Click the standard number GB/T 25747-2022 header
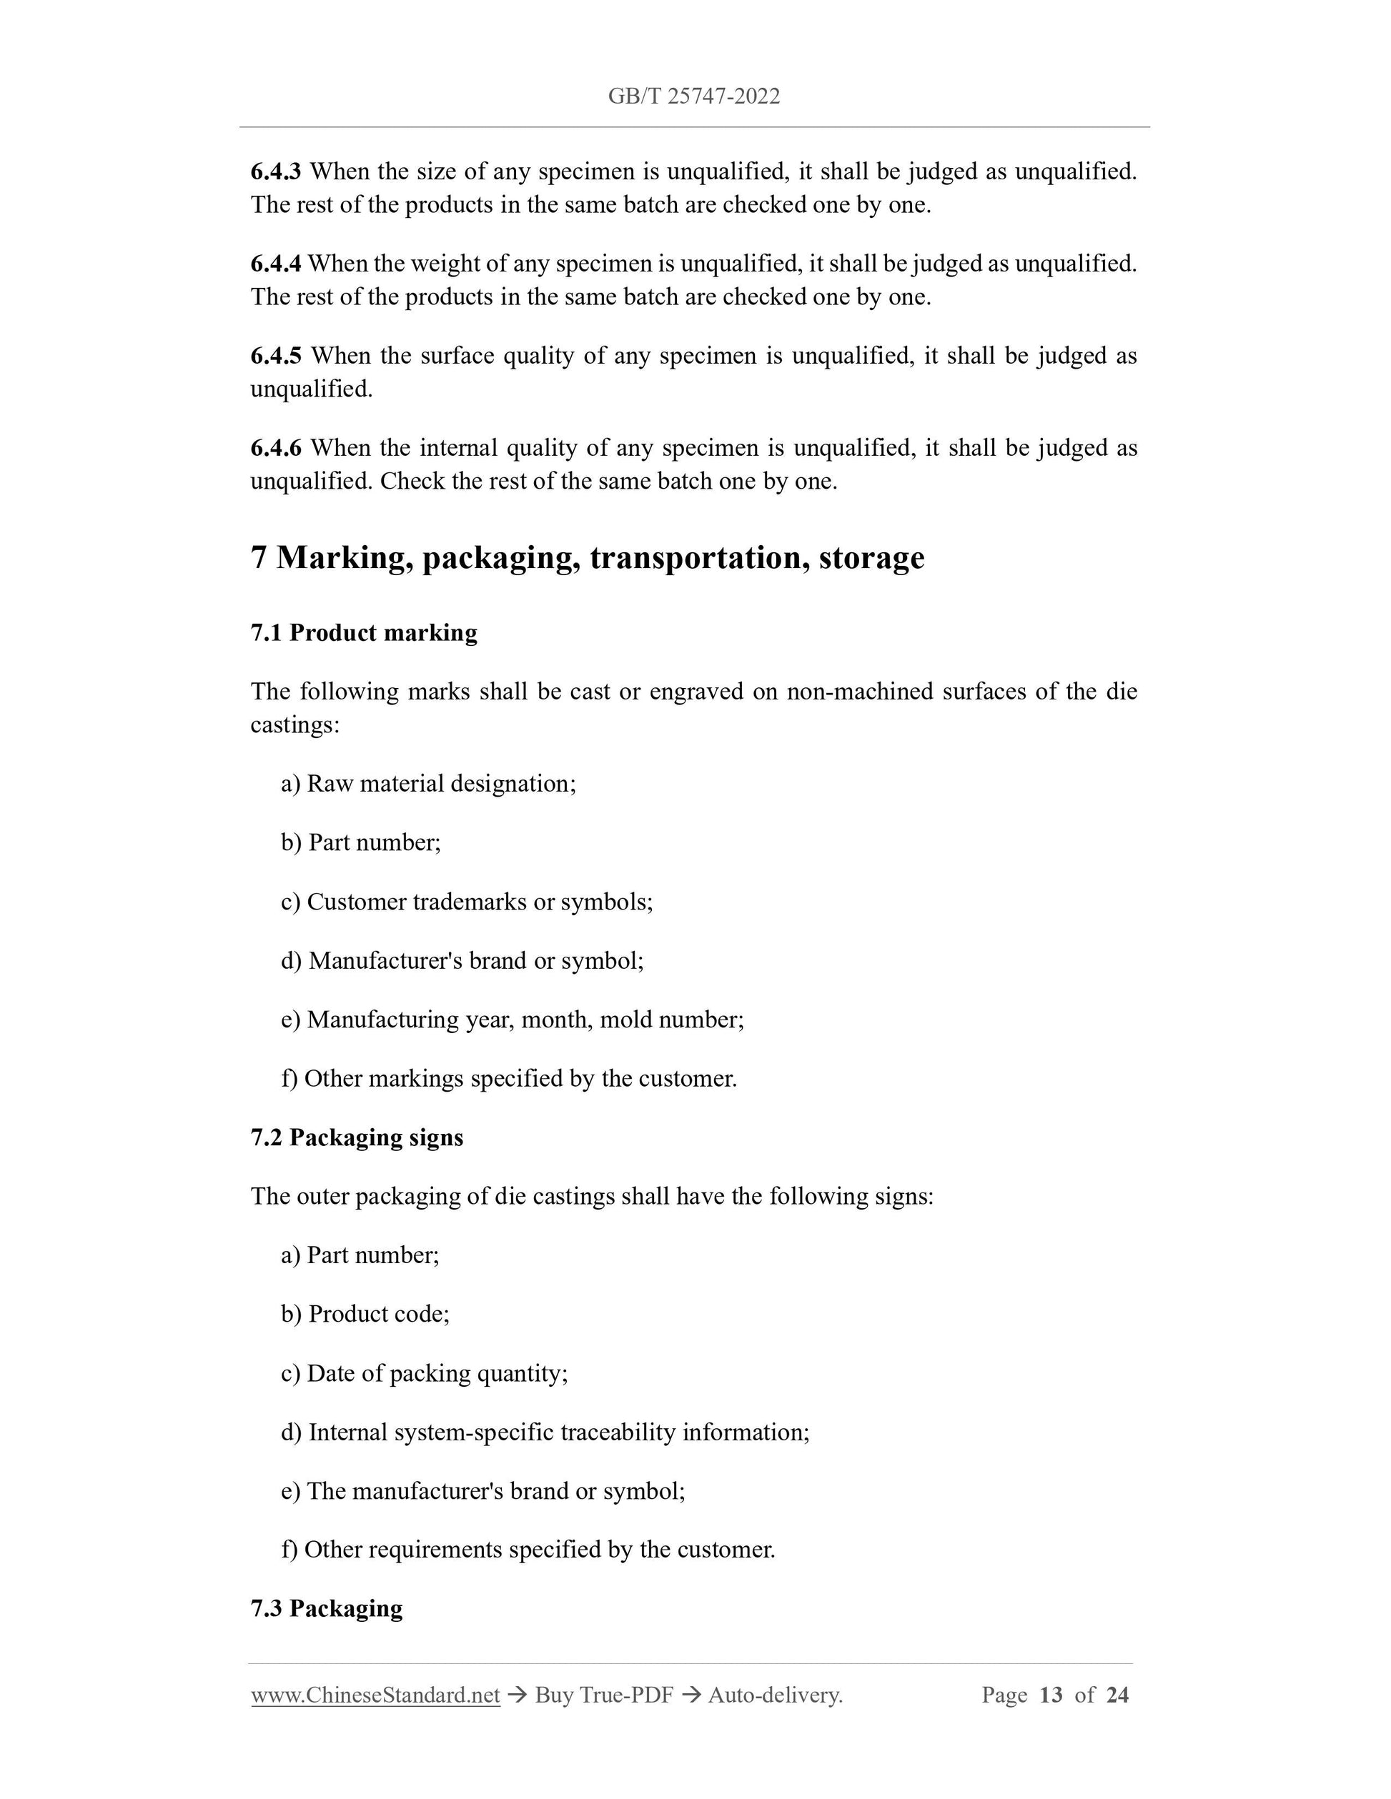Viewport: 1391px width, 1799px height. (x=694, y=96)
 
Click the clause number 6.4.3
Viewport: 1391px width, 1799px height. (x=276, y=172)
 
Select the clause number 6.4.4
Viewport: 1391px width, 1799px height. (x=276, y=264)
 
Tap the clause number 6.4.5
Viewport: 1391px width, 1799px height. (x=276, y=357)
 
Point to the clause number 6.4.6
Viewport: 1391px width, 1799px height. (x=276, y=449)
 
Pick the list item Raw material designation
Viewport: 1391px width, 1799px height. (x=441, y=783)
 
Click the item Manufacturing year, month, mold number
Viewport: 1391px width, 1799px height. (x=525, y=1020)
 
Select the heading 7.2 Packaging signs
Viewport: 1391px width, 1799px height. (x=357, y=1137)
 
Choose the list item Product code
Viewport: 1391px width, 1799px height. (x=378, y=1314)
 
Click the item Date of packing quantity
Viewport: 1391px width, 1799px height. (x=437, y=1373)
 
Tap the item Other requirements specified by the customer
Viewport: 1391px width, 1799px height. (x=540, y=1550)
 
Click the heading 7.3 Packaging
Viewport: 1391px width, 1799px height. (x=327, y=1609)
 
